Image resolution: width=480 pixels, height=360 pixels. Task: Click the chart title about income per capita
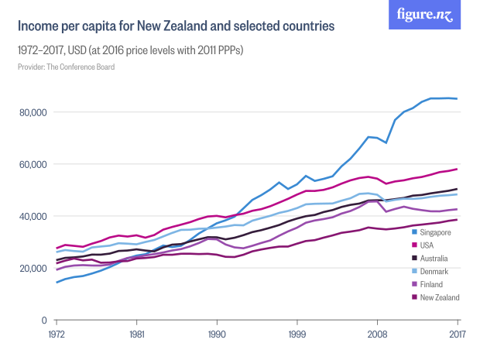(176, 26)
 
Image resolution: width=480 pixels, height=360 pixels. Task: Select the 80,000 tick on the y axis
(34, 112)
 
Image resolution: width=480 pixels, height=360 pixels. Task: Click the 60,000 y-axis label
(34, 164)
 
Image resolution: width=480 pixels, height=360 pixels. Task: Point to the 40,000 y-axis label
(34, 216)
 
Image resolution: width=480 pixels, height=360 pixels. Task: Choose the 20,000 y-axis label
(34, 268)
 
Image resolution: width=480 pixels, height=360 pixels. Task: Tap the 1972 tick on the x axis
(57, 335)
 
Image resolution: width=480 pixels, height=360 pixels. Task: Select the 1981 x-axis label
(136, 335)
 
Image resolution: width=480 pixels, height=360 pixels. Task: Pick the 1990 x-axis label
(217, 335)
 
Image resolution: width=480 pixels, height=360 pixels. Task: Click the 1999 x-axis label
(297, 335)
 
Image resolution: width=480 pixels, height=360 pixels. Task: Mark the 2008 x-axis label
(377, 335)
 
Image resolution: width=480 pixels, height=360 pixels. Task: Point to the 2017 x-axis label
(457, 335)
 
